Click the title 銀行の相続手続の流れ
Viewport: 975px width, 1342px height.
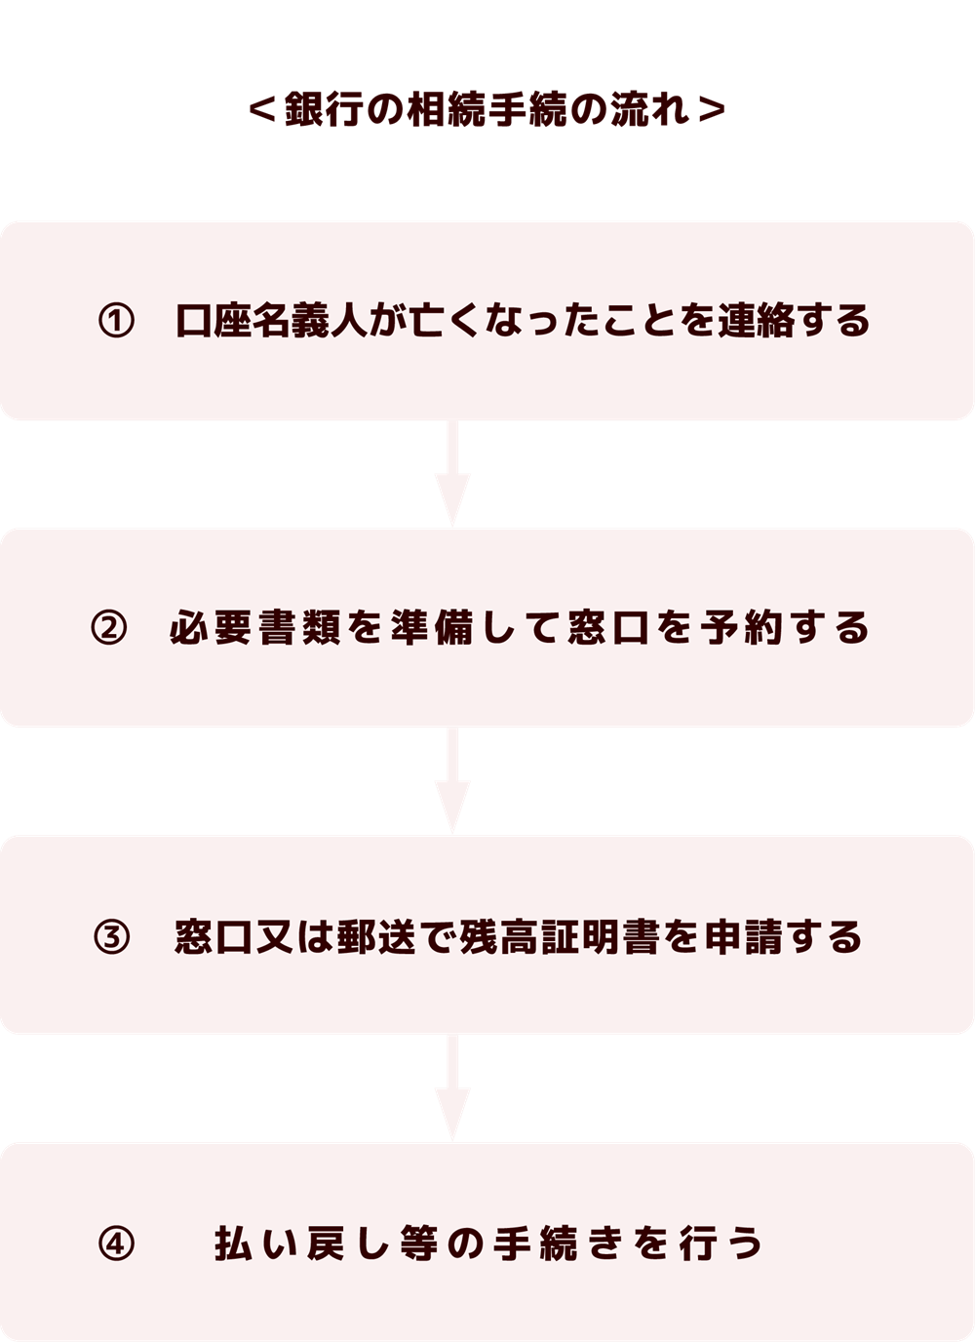[x=487, y=109]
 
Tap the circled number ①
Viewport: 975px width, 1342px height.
[x=116, y=321]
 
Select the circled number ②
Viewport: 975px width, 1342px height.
[x=109, y=628]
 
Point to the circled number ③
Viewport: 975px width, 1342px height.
[x=111, y=936]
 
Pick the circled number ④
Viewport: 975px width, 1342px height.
[x=116, y=1243]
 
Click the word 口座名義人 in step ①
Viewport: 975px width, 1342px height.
[x=270, y=321]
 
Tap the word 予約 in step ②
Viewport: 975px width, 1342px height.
[x=742, y=628]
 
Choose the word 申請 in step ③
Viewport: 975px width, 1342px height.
[x=744, y=936]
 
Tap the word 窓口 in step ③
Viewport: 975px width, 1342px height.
[x=214, y=936]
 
